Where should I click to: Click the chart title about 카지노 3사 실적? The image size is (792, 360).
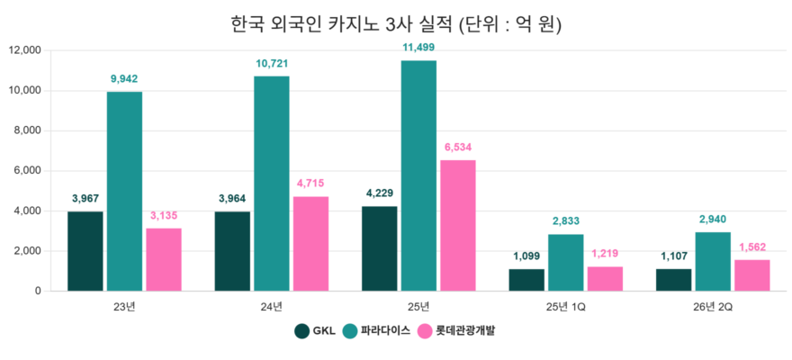point(395,23)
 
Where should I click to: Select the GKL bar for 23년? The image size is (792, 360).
point(85,251)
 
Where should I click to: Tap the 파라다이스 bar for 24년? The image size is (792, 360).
point(272,184)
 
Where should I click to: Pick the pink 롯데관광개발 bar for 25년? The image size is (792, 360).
point(458,225)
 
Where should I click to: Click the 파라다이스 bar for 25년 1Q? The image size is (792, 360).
point(566,263)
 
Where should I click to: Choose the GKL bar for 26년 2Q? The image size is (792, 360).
point(674,280)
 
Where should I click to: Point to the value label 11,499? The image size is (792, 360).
point(418,48)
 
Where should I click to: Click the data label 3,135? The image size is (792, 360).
point(164,216)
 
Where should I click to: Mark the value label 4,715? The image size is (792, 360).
point(310,184)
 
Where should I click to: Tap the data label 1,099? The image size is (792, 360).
point(526,256)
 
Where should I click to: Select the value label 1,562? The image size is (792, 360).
point(752,247)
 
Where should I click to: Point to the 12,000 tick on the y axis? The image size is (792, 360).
point(25,50)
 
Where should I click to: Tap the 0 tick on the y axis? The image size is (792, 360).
point(39,292)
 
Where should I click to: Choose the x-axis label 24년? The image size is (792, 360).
point(272,307)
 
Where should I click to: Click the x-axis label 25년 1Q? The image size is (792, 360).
point(566,307)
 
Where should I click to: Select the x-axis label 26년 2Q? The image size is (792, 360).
point(713,307)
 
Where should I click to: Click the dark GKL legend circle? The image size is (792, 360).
point(301,331)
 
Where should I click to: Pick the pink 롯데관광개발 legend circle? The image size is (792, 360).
point(425,331)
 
